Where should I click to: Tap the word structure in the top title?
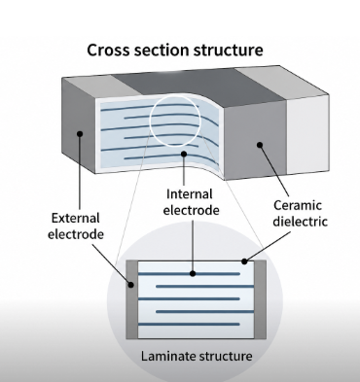pyautogui.click(x=234, y=50)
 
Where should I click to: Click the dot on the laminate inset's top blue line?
pyautogui.click(x=194, y=274)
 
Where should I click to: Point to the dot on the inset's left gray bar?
pyautogui.click(x=131, y=286)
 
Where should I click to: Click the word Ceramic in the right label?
pyautogui.click(x=295, y=207)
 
